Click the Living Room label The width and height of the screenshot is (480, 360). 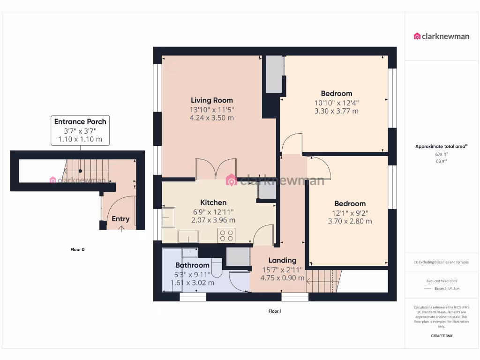pos(211,100)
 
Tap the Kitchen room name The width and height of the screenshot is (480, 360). pos(213,202)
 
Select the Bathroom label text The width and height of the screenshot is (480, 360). pos(192,265)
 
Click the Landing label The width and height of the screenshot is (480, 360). pos(282,260)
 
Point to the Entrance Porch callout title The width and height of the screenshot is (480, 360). pos(80,121)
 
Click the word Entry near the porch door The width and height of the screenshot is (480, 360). pos(120,219)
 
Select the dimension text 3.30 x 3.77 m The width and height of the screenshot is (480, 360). pos(336,111)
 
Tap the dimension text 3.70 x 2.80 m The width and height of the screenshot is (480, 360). pos(350,221)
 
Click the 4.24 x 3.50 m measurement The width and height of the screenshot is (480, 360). pos(212,118)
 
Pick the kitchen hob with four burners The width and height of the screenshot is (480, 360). pos(226,235)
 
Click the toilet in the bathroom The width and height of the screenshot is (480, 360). pos(216,267)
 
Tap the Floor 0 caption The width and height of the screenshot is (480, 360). pos(77,250)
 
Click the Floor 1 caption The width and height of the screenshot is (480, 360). pos(275,311)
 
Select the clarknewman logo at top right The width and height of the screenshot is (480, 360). pos(441,36)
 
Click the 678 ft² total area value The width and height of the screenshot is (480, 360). pos(441,154)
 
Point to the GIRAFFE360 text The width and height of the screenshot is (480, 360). pos(441,336)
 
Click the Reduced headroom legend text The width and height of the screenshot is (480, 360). pos(441,281)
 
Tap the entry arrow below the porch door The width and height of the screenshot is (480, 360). pos(122,229)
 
